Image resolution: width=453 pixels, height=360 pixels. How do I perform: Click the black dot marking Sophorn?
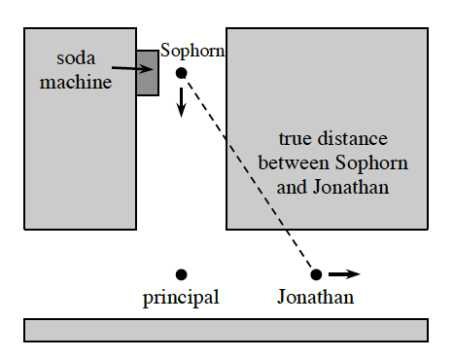(x=181, y=74)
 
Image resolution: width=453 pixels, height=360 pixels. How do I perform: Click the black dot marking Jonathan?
(x=316, y=274)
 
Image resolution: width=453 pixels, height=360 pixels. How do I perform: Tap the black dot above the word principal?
(x=181, y=274)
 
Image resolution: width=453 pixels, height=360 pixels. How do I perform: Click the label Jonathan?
(x=315, y=298)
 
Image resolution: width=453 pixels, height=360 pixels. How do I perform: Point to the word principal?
(x=181, y=298)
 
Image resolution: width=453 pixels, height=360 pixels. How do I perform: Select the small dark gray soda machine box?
(x=147, y=72)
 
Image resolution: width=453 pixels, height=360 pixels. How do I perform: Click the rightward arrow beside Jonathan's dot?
(x=344, y=274)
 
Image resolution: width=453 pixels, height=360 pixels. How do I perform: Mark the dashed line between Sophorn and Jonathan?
(x=248, y=173)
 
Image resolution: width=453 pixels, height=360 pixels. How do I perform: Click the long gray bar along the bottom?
(x=226, y=330)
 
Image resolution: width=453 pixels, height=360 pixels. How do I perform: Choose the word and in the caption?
(x=290, y=186)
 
